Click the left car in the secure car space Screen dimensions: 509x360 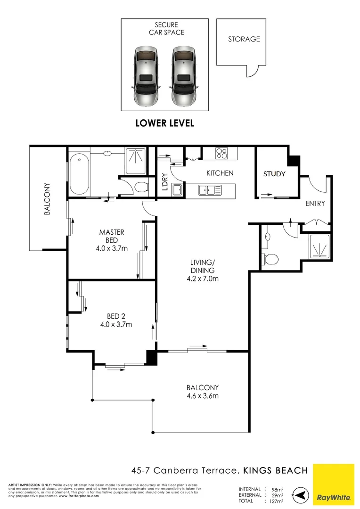click(x=146, y=75)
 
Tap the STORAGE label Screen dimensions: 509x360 click(x=244, y=39)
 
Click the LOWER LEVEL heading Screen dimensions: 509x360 click(x=164, y=123)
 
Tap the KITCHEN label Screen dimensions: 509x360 click(x=220, y=173)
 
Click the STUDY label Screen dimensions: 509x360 click(x=274, y=174)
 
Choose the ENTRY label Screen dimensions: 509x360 click(x=315, y=204)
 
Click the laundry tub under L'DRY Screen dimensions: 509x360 click(x=177, y=190)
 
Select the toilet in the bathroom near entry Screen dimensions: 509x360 click(x=270, y=258)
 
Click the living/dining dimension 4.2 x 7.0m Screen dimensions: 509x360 click(x=203, y=279)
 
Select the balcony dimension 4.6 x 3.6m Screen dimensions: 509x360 click(x=203, y=395)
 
